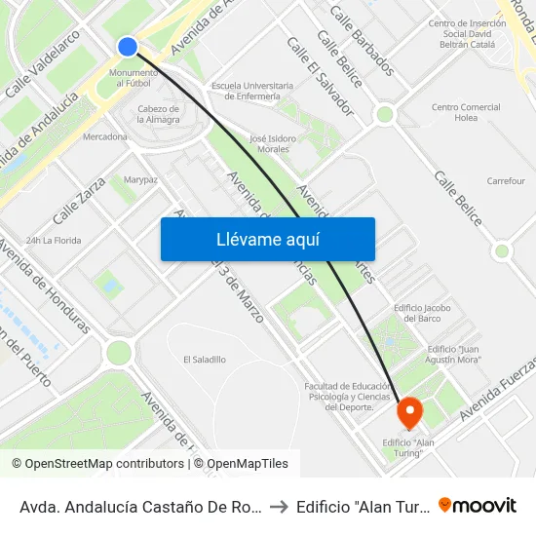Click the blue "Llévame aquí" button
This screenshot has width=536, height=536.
tap(268, 239)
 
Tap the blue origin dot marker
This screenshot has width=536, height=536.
tap(128, 47)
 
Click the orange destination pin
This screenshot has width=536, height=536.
tap(410, 413)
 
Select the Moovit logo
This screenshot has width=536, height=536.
tap(478, 505)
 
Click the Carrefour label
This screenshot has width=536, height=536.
tap(506, 181)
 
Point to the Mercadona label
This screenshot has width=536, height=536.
tap(105, 136)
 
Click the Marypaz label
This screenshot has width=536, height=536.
tap(140, 179)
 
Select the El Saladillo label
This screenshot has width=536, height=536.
tap(205, 360)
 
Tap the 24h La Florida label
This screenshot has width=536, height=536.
tap(53, 240)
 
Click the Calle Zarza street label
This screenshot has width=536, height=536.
tap(79, 206)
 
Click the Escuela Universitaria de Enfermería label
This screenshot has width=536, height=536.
tap(246, 91)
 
